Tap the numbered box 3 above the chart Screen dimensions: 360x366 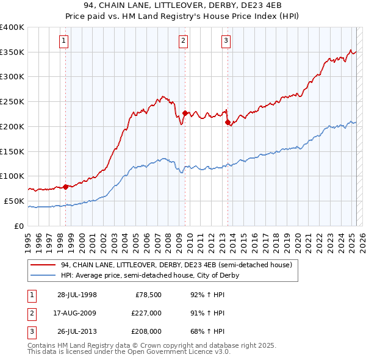[x=226, y=41]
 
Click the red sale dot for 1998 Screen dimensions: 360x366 [x=65, y=187]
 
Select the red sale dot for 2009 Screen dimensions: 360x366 [x=185, y=113]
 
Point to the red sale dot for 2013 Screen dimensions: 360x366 [x=228, y=123]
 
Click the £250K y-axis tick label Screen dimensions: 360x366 [x=12, y=102]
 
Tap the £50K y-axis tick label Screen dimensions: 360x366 [x=15, y=201]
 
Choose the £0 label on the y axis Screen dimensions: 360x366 [x=20, y=226]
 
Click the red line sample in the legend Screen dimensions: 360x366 [x=43, y=265]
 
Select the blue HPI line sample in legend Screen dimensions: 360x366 [x=43, y=276]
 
